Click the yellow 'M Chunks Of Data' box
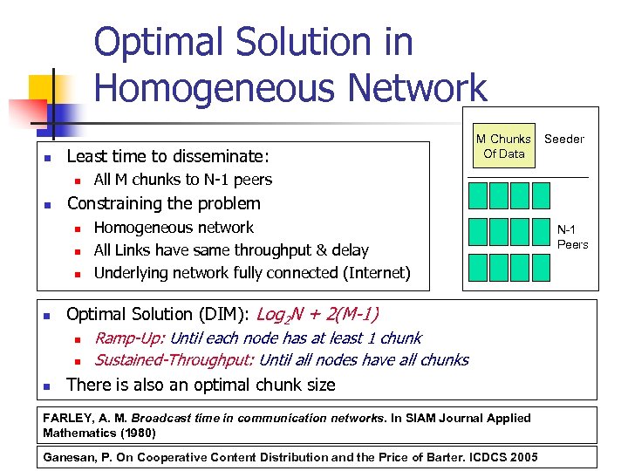click(x=503, y=147)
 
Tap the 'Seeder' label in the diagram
click(x=564, y=139)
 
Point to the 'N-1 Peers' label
click(x=573, y=238)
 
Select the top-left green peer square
click(x=478, y=195)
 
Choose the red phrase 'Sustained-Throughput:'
click(x=174, y=360)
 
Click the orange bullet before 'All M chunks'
click(x=77, y=181)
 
